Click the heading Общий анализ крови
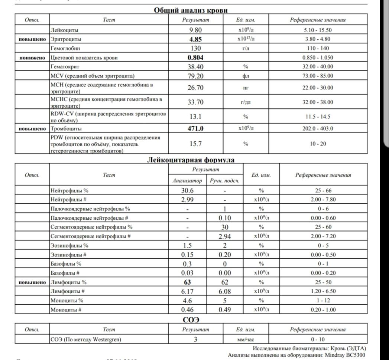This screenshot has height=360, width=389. point(191,10)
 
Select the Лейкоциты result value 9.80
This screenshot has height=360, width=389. point(195,30)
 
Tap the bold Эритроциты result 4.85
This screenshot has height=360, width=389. point(195,39)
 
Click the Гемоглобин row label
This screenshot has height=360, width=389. point(65,48)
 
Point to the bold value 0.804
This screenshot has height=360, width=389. point(195,58)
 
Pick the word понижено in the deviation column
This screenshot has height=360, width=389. point(32,58)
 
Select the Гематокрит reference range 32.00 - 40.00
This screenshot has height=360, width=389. point(318,66)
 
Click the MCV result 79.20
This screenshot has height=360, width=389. point(195,76)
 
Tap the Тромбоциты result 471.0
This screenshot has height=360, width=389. point(195,128)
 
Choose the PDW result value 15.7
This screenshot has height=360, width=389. point(195,144)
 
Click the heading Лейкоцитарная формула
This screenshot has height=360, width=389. point(191,160)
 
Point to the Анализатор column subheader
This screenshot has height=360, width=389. point(187,181)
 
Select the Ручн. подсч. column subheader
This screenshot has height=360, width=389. point(224,181)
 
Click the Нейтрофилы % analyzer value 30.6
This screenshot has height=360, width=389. point(187,190)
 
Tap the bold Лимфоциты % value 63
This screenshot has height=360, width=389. point(187,282)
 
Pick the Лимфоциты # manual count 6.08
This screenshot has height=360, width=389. point(224,292)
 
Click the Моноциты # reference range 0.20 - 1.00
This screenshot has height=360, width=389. point(323,310)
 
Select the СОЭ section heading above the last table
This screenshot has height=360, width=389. point(191,320)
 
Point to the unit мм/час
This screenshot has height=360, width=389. point(246,339)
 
